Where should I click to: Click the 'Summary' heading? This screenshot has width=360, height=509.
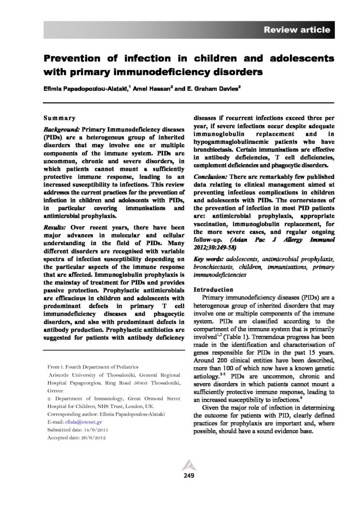tap(60, 119)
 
